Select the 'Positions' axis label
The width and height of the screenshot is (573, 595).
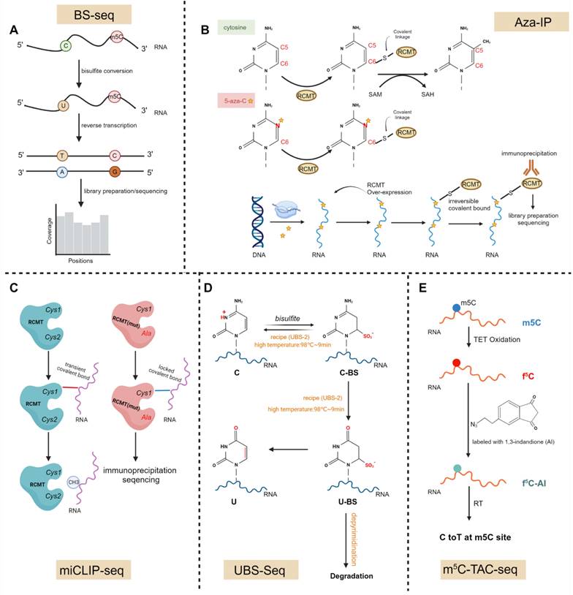(83, 261)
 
